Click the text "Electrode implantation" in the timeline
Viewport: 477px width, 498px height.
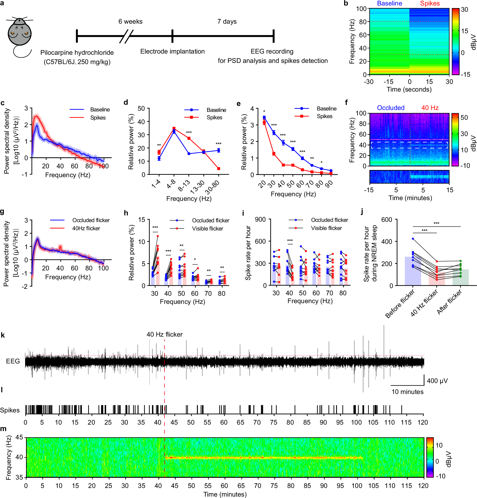(x=172, y=51)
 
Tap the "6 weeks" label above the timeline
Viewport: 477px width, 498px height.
(x=130, y=22)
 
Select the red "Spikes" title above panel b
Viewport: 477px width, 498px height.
(x=429, y=4)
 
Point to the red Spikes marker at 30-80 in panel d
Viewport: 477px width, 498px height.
(x=218, y=169)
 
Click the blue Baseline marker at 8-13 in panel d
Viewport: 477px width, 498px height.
(x=189, y=154)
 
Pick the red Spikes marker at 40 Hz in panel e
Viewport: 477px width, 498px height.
(x=283, y=165)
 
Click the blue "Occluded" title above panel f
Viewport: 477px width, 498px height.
(x=390, y=108)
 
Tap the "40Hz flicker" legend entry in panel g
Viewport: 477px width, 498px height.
(x=86, y=228)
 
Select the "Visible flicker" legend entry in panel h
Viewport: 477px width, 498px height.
(x=207, y=228)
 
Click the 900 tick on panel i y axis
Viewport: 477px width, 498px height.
(x=260, y=219)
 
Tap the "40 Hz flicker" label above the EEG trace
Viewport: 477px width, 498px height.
(x=164, y=334)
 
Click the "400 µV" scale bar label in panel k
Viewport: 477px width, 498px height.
(x=437, y=381)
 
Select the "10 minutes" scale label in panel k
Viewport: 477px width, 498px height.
(x=407, y=392)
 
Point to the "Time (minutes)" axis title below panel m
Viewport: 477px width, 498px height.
(x=225, y=494)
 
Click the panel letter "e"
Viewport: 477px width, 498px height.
(x=238, y=104)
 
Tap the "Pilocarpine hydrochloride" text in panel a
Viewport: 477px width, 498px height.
(x=77, y=53)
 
